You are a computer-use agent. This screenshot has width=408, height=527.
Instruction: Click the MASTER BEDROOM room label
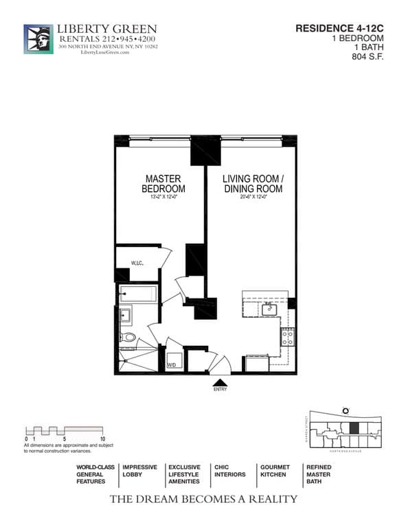[163, 184]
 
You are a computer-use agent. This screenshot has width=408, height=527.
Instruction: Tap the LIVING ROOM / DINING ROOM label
[249, 184]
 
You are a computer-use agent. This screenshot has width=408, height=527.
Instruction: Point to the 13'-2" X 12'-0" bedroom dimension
[163, 198]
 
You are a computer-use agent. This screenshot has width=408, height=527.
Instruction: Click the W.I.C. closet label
[137, 263]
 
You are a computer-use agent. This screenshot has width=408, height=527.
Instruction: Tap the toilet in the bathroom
[127, 337]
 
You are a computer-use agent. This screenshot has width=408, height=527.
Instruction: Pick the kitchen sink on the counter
[269, 309]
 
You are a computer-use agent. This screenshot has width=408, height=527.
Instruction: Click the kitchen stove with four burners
[288, 337]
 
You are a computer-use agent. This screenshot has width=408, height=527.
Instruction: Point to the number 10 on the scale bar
[102, 438]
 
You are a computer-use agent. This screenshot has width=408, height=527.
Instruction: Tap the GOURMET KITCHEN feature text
[274, 471]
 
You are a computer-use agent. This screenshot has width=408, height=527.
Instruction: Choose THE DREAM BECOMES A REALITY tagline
[203, 499]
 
